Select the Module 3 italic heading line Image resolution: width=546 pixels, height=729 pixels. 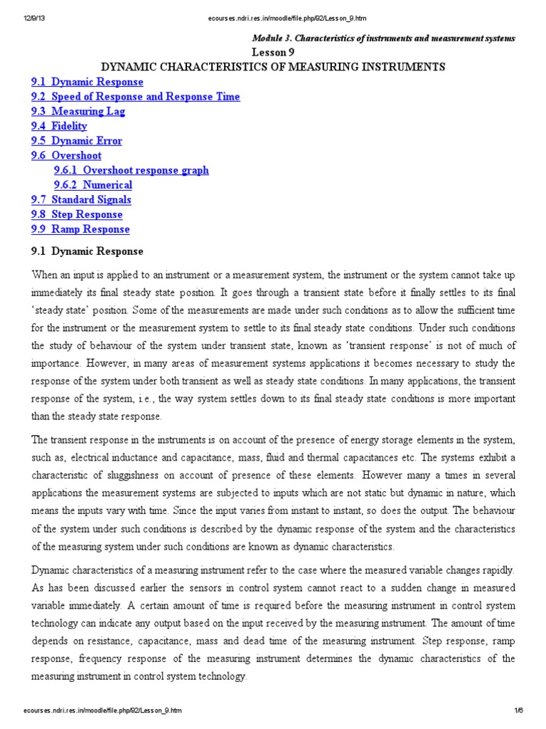pyautogui.click(x=384, y=38)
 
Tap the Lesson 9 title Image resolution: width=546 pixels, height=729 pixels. pyautogui.click(x=273, y=52)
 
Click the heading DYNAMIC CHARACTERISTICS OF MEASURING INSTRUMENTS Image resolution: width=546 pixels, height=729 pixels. pyautogui.click(x=274, y=67)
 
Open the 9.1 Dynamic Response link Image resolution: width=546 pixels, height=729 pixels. pyautogui.click(x=87, y=82)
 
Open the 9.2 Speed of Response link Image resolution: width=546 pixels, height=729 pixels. pyautogui.click(x=135, y=97)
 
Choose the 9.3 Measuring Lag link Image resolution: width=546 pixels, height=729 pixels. pyautogui.click(x=77, y=112)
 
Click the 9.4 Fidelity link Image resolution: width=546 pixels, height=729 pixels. pyautogui.click(x=59, y=126)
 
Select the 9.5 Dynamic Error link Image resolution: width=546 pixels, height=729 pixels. pyautogui.click(x=76, y=141)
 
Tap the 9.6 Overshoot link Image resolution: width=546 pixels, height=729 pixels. pyautogui.click(x=66, y=156)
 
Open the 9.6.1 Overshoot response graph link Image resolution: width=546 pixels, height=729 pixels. pyautogui.click(x=131, y=171)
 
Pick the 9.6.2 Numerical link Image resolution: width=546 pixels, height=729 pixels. pyautogui.click(x=92, y=185)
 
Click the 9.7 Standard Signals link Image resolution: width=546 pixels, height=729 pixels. pyautogui.click(x=81, y=200)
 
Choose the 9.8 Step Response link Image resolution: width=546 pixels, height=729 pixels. pyautogui.click(x=77, y=215)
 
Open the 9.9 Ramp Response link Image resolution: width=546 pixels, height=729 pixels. pyautogui.click(x=80, y=229)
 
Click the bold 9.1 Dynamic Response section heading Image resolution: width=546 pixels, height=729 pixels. pyautogui.click(x=87, y=251)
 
